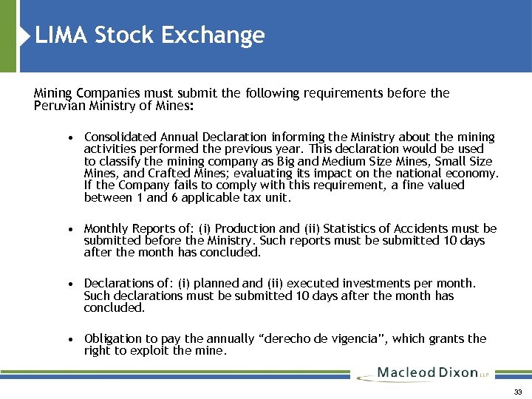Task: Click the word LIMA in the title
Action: (x=61, y=35)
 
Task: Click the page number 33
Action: (x=517, y=391)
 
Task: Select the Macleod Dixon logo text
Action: (x=427, y=372)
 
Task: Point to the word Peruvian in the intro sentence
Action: (x=57, y=105)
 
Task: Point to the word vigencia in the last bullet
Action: (x=358, y=338)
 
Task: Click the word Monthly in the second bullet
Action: (x=106, y=228)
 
